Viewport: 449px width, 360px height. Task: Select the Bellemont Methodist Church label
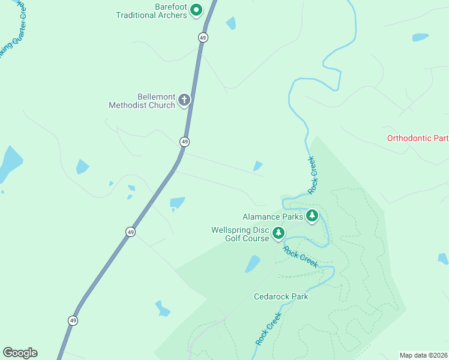[142, 101]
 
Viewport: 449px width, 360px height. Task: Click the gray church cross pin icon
[184, 100]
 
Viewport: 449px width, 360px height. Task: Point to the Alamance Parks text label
[273, 217]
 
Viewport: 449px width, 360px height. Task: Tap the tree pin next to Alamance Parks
[312, 215]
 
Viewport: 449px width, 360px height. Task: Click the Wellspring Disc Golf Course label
[240, 234]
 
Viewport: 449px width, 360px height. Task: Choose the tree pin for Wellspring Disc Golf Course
[278, 233]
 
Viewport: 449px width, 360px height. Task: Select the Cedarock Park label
[281, 296]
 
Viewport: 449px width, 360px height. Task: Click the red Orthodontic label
[417, 138]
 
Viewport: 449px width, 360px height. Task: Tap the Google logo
[20, 353]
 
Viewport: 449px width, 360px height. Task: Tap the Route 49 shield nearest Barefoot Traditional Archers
[203, 37]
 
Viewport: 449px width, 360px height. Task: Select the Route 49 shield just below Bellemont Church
[184, 142]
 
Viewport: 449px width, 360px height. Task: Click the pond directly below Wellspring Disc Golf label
[253, 264]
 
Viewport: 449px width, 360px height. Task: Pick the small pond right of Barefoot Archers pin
[231, 23]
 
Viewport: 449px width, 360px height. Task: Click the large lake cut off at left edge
[9, 163]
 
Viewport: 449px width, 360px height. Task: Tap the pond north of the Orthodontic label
[420, 37]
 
